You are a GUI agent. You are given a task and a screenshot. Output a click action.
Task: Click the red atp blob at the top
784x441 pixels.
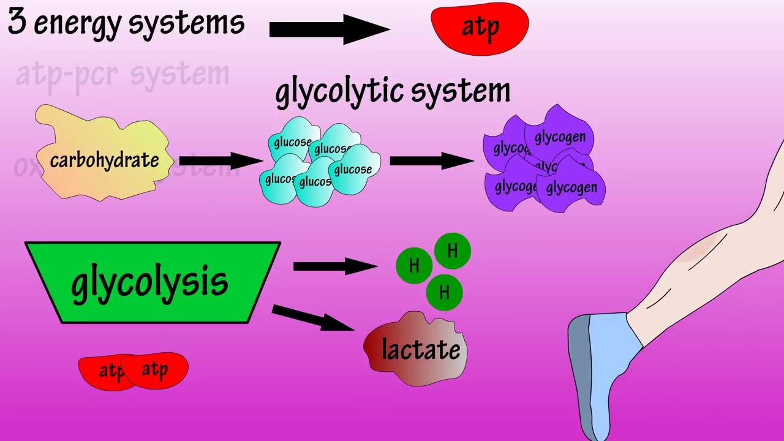click(480, 28)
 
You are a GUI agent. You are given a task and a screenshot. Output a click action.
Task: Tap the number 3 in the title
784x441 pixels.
click(17, 23)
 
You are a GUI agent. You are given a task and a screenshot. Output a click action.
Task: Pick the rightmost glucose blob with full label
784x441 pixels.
click(353, 170)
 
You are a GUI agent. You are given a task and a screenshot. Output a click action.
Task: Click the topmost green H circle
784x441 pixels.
click(452, 251)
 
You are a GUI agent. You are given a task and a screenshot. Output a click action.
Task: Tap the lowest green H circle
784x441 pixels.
click(444, 293)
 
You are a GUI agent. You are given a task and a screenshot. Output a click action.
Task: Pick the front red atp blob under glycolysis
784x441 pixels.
click(157, 370)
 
